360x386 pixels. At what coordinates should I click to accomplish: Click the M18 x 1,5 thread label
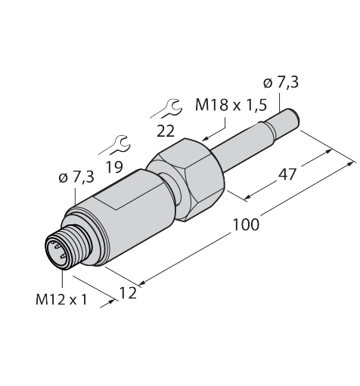(x=231, y=105)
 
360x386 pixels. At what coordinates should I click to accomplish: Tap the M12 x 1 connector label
(x=61, y=300)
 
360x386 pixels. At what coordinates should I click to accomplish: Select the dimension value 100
(x=246, y=224)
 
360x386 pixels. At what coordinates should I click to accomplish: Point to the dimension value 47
(x=287, y=174)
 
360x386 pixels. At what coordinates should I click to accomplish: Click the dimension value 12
(x=128, y=293)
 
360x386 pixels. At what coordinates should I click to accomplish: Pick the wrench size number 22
(x=166, y=131)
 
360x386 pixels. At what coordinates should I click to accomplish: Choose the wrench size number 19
(x=115, y=167)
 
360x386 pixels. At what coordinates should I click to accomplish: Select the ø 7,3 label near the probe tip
(x=281, y=83)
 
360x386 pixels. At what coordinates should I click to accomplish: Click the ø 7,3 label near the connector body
(x=76, y=178)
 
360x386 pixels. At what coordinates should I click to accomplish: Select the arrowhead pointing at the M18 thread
(x=206, y=138)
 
